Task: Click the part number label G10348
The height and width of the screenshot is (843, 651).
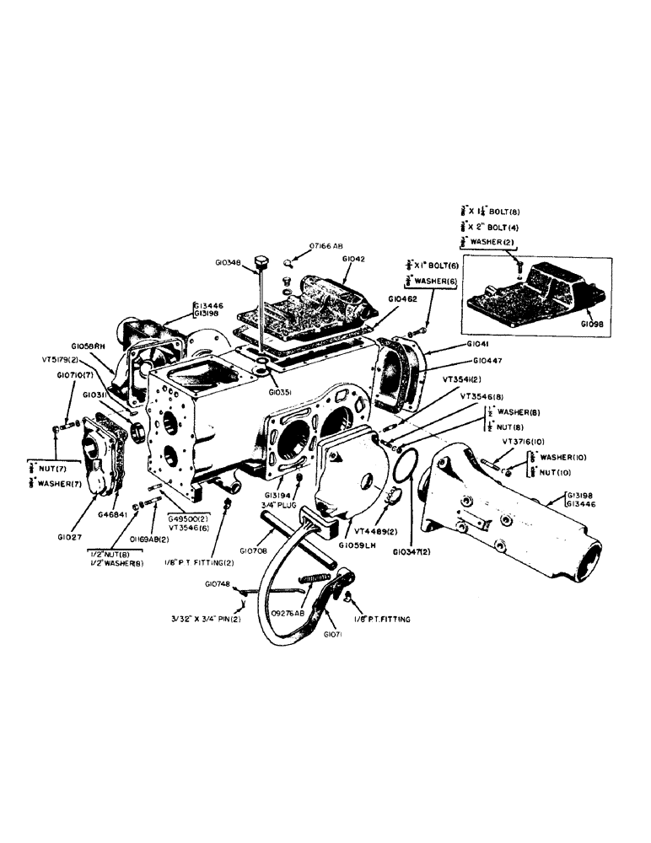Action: click(x=229, y=262)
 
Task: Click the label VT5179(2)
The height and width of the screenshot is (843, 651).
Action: click(x=62, y=358)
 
